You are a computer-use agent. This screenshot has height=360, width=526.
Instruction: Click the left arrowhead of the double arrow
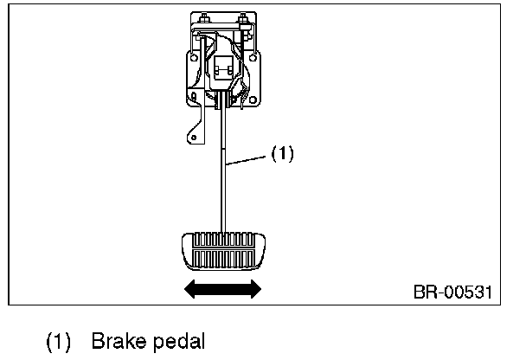coord(189,289)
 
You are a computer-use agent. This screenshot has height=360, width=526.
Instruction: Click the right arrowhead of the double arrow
coord(256,289)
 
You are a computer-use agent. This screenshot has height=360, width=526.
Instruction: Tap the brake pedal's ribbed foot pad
coord(223,251)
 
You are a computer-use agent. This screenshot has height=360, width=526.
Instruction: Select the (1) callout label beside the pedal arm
coord(282,154)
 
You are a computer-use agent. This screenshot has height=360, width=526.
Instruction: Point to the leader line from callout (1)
coord(246,160)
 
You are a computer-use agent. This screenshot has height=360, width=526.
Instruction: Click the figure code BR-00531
coord(452,292)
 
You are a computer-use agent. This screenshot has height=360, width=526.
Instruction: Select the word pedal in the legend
coord(179,342)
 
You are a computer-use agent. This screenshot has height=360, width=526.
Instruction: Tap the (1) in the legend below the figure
coord(58,342)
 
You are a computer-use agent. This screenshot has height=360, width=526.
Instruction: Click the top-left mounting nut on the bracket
coord(204,18)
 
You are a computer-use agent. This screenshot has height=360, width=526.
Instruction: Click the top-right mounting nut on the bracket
coord(242,18)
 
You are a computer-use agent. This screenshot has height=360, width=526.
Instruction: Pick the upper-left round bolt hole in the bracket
coord(194,58)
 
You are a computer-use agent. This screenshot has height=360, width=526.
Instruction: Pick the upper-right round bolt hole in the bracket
coord(253,58)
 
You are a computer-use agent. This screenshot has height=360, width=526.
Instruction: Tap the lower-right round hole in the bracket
coord(253,100)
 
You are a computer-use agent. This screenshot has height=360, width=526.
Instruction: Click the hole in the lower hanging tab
coord(194,138)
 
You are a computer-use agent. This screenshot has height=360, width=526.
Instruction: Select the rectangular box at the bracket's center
coord(224,67)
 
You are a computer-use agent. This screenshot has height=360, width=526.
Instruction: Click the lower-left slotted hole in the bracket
coord(194,97)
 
